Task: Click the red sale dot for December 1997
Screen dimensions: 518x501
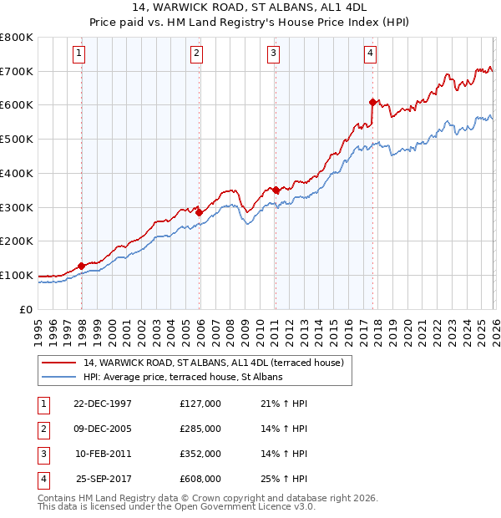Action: point(82,266)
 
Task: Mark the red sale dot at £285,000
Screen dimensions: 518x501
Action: point(200,212)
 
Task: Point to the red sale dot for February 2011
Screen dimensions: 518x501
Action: point(276,190)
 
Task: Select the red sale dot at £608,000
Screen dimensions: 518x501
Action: point(373,102)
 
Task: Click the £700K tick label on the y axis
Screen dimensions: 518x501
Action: point(17,72)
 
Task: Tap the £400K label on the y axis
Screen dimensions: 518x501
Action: point(17,174)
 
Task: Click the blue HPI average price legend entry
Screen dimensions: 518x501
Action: point(183,378)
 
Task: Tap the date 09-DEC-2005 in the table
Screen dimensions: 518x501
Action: point(103,429)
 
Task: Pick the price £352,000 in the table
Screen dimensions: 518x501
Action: point(200,454)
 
